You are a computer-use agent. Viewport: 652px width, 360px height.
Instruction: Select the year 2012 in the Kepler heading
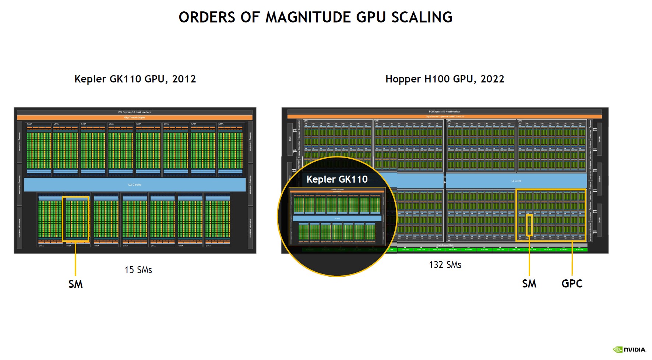click(184, 79)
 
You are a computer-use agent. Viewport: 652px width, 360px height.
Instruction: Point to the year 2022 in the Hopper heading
click(492, 79)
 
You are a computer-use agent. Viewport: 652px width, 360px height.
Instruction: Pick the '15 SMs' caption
click(138, 270)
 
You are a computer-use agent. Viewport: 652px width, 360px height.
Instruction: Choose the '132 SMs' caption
click(445, 265)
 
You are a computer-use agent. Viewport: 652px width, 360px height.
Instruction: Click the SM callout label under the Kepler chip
click(75, 284)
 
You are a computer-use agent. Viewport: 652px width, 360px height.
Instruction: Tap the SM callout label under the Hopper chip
click(529, 283)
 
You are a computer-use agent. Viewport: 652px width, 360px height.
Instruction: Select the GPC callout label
click(572, 283)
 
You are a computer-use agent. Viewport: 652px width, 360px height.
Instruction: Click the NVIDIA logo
click(630, 349)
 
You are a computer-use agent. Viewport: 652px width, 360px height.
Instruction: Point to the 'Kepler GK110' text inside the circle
click(337, 179)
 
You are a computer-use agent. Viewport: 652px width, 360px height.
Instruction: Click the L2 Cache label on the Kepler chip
click(135, 184)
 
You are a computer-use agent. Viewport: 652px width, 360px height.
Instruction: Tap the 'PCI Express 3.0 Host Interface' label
click(134, 112)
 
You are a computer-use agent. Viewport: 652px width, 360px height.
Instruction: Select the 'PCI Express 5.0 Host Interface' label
click(444, 112)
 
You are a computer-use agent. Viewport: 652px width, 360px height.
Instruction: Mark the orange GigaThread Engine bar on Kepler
click(134, 117)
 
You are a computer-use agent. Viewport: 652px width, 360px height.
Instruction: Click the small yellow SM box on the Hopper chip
click(529, 225)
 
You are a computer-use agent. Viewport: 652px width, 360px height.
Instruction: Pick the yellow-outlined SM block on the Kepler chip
click(75, 219)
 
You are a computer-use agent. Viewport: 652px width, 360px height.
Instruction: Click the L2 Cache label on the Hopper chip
click(516, 181)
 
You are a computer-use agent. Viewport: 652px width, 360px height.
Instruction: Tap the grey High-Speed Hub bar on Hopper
click(445, 245)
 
